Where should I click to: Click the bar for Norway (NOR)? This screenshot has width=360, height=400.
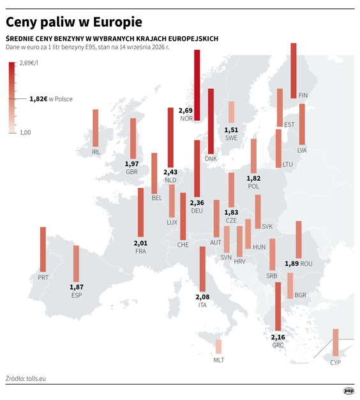coord(197,85)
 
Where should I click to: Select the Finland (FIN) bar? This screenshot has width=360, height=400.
coord(294,71)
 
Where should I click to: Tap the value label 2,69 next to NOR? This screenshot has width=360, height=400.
coord(186,111)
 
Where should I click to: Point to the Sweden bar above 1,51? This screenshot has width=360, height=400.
coord(231,112)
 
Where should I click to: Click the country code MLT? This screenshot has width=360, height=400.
coord(219,360)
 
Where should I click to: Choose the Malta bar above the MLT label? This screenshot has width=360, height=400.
coord(218,346)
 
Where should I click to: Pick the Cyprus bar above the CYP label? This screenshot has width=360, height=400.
coord(336,342)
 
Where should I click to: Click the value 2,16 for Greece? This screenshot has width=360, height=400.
coord(278,337)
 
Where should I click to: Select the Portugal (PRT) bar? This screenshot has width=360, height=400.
coord(43,249)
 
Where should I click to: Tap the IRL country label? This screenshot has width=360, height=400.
coord(96,152)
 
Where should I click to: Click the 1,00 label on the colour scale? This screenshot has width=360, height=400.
coord(26,132)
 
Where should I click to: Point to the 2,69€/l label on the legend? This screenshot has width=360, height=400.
coord(29,63)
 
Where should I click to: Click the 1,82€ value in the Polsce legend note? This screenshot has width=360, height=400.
coord(38,99)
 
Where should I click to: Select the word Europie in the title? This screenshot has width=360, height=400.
coord(117,22)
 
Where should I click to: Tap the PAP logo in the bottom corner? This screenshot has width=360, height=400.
coord(349,391)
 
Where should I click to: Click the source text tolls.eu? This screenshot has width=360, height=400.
coord(36,378)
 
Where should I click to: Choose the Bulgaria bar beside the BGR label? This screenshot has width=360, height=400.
coord(290,286)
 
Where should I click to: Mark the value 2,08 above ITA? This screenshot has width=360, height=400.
coord(202,297)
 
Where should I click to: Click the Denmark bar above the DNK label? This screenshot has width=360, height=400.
coord(211,121)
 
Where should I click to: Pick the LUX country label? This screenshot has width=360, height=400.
coord(172,222)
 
